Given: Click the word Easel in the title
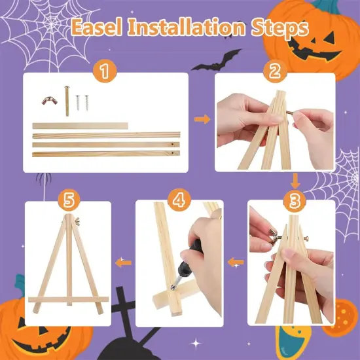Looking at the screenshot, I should (99, 28).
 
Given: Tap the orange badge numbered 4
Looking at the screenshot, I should (177, 198).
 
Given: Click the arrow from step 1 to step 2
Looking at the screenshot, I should (203, 119).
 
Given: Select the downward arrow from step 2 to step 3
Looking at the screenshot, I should (295, 181).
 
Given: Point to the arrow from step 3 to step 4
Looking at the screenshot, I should (234, 263).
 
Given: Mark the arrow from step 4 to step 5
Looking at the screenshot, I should (122, 263).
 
